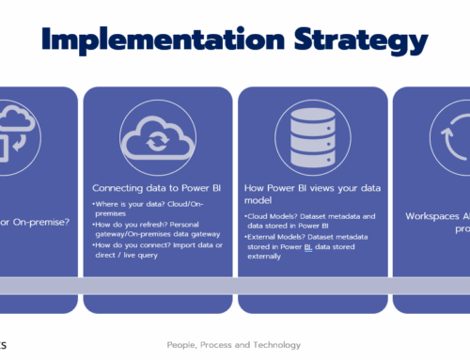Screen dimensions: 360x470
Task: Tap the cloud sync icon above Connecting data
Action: pyautogui.click(x=157, y=135)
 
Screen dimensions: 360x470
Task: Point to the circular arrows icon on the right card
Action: pyautogui.click(x=452, y=135)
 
